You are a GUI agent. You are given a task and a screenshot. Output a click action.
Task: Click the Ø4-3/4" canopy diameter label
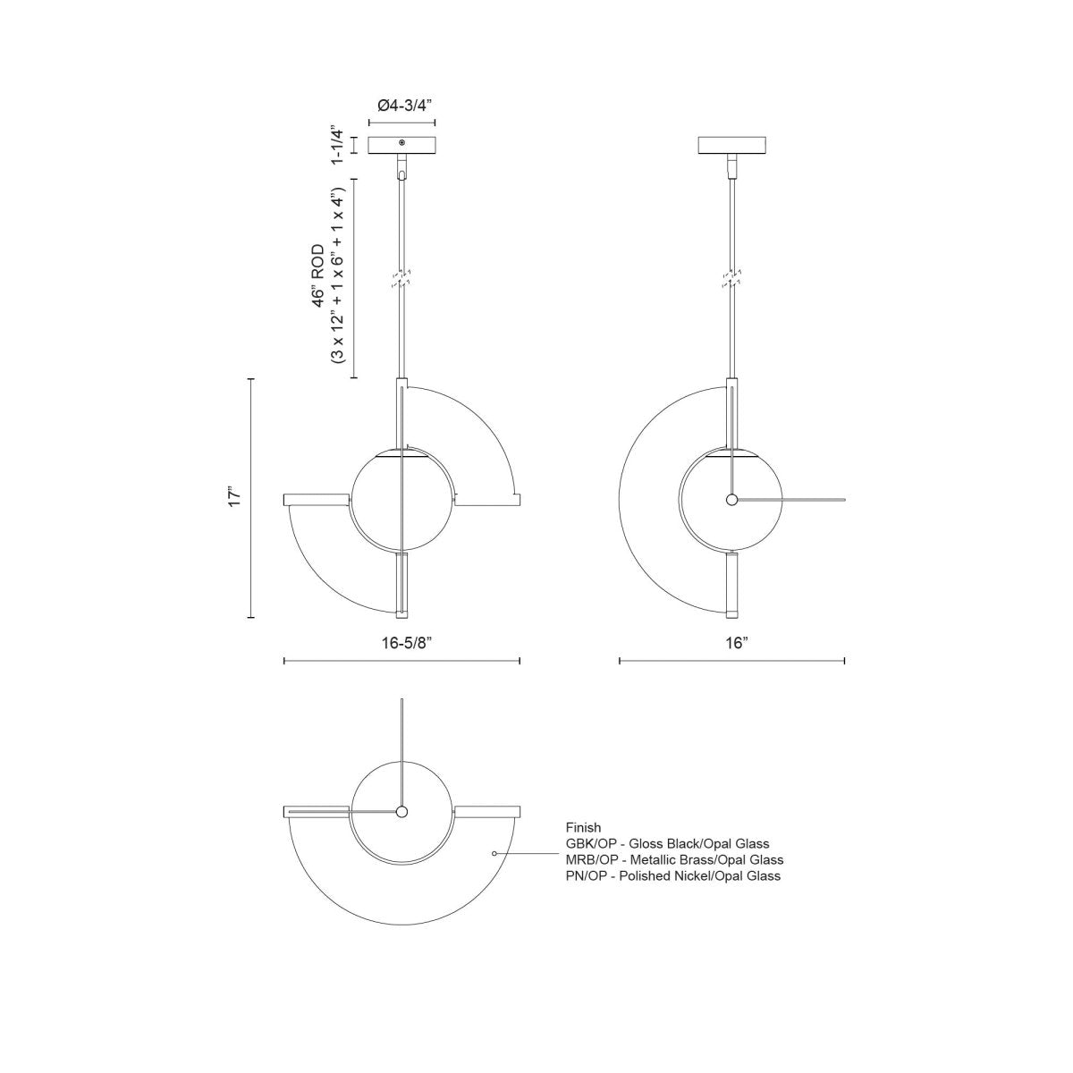pyautogui.click(x=401, y=104)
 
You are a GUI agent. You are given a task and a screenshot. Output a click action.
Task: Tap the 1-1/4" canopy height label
pyautogui.click(x=337, y=144)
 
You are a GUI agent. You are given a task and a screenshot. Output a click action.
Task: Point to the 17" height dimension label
pyautogui.click(x=234, y=498)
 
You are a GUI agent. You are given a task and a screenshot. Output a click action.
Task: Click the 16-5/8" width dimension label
pyautogui.click(x=401, y=642)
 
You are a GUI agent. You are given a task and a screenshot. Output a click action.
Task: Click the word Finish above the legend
pyautogui.click(x=583, y=828)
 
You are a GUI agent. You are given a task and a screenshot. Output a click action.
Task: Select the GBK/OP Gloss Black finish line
pyautogui.click(x=667, y=843)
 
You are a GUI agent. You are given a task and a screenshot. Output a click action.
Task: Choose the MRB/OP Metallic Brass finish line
pyautogui.click(x=674, y=859)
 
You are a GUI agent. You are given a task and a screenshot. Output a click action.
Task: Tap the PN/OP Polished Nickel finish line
pyautogui.click(x=672, y=875)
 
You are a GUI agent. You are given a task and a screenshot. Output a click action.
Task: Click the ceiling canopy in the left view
pyautogui.click(x=401, y=144)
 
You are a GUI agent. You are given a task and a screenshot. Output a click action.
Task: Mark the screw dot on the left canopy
pyautogui.click(x=401, y=143)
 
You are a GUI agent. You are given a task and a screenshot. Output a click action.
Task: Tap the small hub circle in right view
pyautogui.click(x=731, y=500)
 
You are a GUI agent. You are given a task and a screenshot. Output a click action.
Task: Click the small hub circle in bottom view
pyautogui.click(x=401, y=811)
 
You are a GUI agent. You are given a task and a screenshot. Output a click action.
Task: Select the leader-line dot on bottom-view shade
pyautogui.click(x=494, y=854)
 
